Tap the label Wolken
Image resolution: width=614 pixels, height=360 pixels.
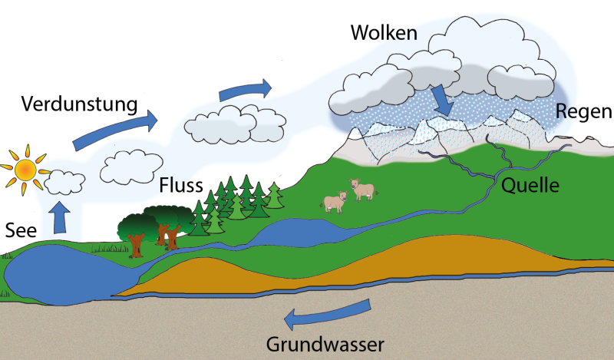pos(384,33)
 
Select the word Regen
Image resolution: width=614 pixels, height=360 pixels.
pos(584,112)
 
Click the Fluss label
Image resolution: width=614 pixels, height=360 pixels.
pos(181,186)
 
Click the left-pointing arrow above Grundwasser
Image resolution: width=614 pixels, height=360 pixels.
pos(327,312)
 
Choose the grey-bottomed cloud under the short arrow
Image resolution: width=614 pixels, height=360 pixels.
pos(235,124)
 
